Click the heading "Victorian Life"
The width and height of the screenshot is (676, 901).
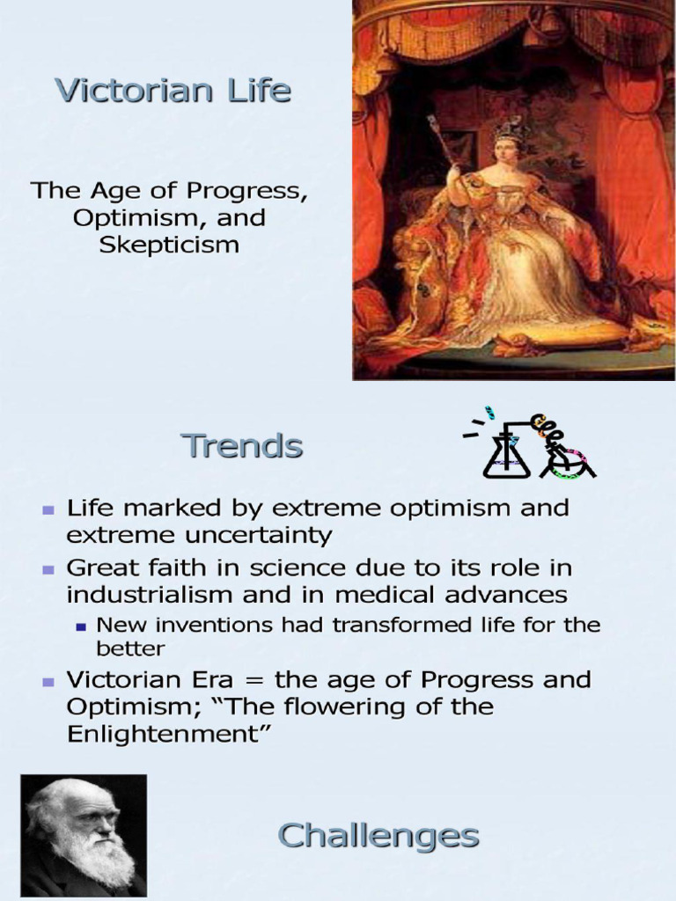point(173,91)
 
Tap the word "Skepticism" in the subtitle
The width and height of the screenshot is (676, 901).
point(169,244)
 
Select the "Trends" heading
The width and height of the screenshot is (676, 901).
point(242,447)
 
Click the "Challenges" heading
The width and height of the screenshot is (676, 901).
point(378,836)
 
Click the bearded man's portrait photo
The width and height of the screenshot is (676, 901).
point(84,836)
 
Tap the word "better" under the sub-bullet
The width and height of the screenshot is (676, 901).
point(130,649)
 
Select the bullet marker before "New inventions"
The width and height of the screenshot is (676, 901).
point(82,627)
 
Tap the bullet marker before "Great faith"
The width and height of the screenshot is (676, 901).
point(49,568)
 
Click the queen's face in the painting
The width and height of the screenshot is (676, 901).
point(507,152)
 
